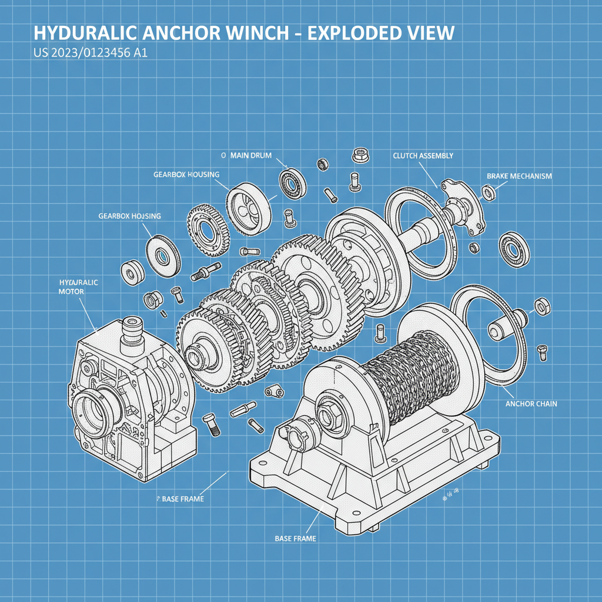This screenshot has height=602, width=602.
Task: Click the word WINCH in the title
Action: [257, 32]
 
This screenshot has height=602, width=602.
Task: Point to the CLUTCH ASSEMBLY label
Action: [423, 156]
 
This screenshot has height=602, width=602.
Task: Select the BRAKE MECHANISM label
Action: [519, 176]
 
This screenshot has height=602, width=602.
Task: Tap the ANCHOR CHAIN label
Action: [531, 404]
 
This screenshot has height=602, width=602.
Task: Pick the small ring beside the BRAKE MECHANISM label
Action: [488, 192]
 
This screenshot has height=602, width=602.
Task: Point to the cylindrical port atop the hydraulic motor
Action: [131, 326]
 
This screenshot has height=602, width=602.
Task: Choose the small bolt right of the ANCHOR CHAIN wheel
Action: [542, 353]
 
